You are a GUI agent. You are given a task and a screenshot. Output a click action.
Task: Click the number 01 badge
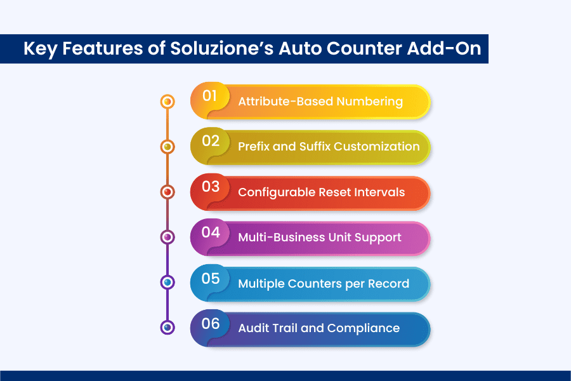coord(210,96)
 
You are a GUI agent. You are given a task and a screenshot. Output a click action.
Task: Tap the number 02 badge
coord(210,141)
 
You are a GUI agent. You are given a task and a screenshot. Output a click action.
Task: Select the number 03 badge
coord(210,187)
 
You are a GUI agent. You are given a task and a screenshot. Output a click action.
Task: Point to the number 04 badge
coord(210,232)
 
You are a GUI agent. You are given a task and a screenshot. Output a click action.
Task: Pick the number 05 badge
coord(210,278)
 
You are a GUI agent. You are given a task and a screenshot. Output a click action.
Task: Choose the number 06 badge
coord(210,324)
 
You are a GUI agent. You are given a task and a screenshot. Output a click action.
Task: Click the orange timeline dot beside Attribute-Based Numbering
coord(167,101)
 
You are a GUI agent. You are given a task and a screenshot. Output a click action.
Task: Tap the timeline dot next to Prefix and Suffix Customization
coord(167,147)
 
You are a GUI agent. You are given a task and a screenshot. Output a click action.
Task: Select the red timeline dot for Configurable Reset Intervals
coord(167,192)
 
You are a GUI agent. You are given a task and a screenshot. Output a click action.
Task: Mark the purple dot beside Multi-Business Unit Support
coord(167,237)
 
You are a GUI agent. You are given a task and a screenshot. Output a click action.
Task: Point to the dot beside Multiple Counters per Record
coord(167,283)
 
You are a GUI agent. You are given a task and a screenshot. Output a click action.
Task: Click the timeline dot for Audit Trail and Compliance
coord(167,328)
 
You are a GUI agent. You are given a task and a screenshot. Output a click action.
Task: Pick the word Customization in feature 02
coord(377,147)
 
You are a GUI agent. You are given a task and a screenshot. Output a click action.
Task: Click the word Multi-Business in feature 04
coord(280,237)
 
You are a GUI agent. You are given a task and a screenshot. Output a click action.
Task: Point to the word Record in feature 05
coord(388,283)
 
